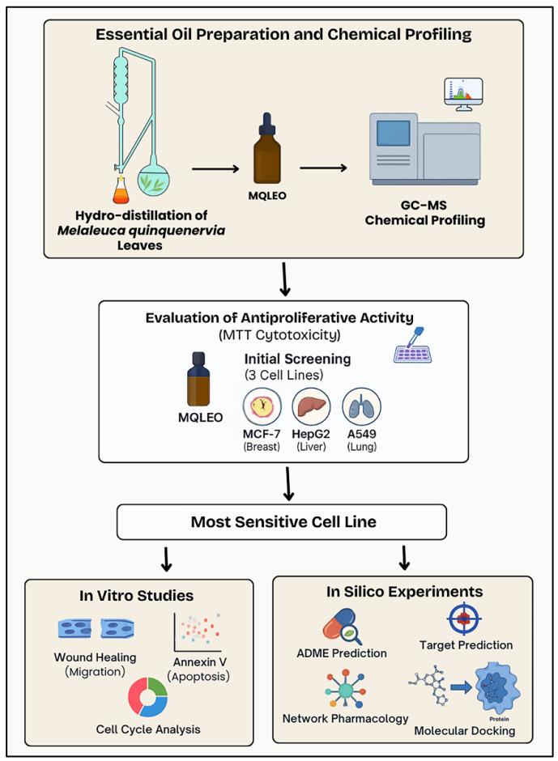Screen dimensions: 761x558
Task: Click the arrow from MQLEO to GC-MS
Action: tap(323, 168)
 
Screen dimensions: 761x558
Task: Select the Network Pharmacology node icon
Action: tap(343, 687)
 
